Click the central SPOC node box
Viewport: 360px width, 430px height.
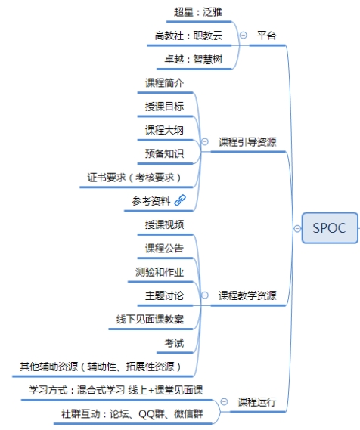[x=330, y=228]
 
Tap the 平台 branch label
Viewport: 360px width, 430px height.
[x=266, y=36]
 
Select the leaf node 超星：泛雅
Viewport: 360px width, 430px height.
[x=198, y=12]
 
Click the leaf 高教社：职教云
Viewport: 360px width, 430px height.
[x=188, y=36]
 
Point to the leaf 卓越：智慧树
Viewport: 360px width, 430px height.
[x=193, y=59]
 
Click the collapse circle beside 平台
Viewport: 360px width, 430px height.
[x=243, y=35]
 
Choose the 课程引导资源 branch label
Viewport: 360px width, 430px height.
[x=247, y=142]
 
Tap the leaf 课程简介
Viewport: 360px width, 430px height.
[x=164, y=83]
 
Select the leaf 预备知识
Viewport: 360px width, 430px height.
[x=164, y=153]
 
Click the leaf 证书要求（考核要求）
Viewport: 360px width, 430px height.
[x=134, y=178]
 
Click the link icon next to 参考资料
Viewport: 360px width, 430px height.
[x=180, y=200]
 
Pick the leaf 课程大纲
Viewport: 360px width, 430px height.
[x=164, y=130]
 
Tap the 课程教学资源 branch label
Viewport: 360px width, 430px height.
[x=247, y=295]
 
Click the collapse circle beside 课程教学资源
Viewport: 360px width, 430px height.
[x=205, y=295]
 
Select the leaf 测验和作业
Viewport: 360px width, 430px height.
[x=160, y=272]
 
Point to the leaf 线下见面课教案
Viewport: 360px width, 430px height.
[x=150, y=319]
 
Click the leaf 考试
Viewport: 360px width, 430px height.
[x=174, y=343]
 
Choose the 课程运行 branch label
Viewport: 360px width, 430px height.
[x=257, y=402]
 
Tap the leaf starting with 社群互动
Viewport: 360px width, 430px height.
[x=132, y=414]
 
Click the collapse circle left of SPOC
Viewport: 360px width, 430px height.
[x=297, y=228]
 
